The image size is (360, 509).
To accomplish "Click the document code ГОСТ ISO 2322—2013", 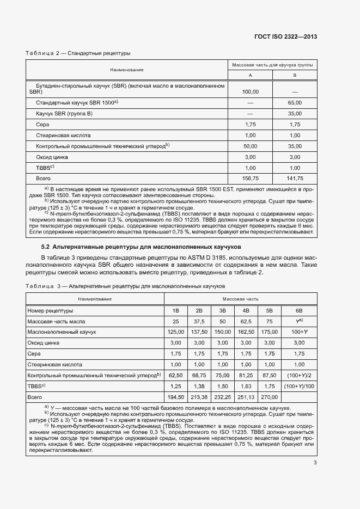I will click(x=285, y=37).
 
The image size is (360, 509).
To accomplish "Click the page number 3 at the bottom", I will click(x=315, y=463).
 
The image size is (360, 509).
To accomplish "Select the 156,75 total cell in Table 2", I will click(x=251, y=178).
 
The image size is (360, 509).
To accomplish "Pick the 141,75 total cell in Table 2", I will click(x=295, y=178).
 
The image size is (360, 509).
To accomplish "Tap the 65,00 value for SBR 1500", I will click(x=295, y=103).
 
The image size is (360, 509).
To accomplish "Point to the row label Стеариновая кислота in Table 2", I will click(x=63, y=135).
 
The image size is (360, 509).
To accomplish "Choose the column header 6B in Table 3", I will click(x=298, y=310).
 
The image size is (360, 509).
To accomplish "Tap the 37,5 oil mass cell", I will click(x=199, y=321).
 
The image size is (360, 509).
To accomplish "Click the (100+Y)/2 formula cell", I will click(x=298, y=375).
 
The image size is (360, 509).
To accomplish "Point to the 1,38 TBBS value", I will click(x=199, y=385).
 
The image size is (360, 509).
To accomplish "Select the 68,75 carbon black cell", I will click(x=199, y=375).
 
